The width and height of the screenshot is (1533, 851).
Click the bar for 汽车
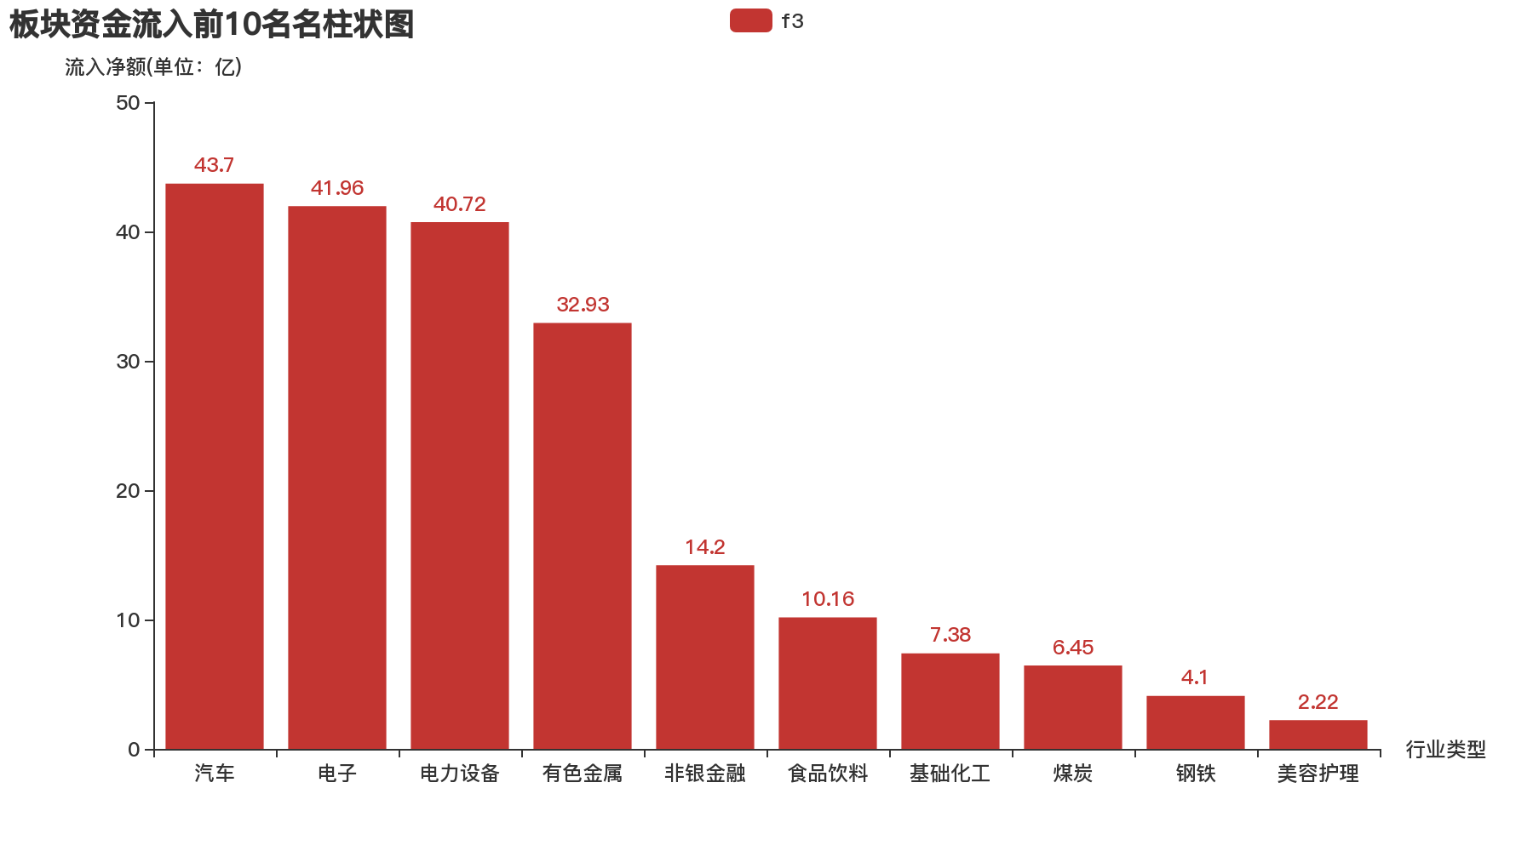[214, 466]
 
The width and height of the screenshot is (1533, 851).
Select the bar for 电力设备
[460, 486]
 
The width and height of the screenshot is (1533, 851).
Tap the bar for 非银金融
[705, 657]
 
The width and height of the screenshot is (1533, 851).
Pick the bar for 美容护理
[1318, 735]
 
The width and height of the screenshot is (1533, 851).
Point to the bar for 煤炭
[1072, 707]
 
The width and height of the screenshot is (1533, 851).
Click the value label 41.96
[337, 188]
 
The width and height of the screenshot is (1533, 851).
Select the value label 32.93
[583, 305]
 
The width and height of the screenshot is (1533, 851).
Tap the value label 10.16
[828, 599]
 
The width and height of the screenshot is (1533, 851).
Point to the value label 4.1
[1194, 677]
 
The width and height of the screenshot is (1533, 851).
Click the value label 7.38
[950, 635]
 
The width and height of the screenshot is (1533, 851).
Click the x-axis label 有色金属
[583, 773]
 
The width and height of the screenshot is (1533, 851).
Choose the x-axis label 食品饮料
[828, 773]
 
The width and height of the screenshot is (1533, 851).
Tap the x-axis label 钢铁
[1196, 773]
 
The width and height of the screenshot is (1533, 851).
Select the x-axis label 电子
[337, 773]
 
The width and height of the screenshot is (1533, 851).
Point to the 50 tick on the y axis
[128, 103]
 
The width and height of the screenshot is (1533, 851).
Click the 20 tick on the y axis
[128, 491]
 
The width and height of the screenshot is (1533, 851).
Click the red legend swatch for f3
[750, 20]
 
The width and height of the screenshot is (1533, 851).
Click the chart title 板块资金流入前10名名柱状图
[211, 25]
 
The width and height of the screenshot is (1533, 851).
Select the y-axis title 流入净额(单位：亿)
[153, 67]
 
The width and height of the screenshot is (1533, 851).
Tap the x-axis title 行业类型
[1445, 749]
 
